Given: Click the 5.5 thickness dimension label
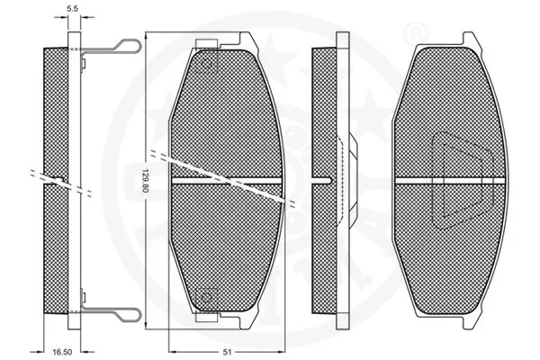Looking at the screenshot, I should tap(73, 11).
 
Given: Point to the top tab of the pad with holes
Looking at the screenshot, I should tap(223, 40).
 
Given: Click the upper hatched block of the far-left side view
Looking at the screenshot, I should tap(56, 108).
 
